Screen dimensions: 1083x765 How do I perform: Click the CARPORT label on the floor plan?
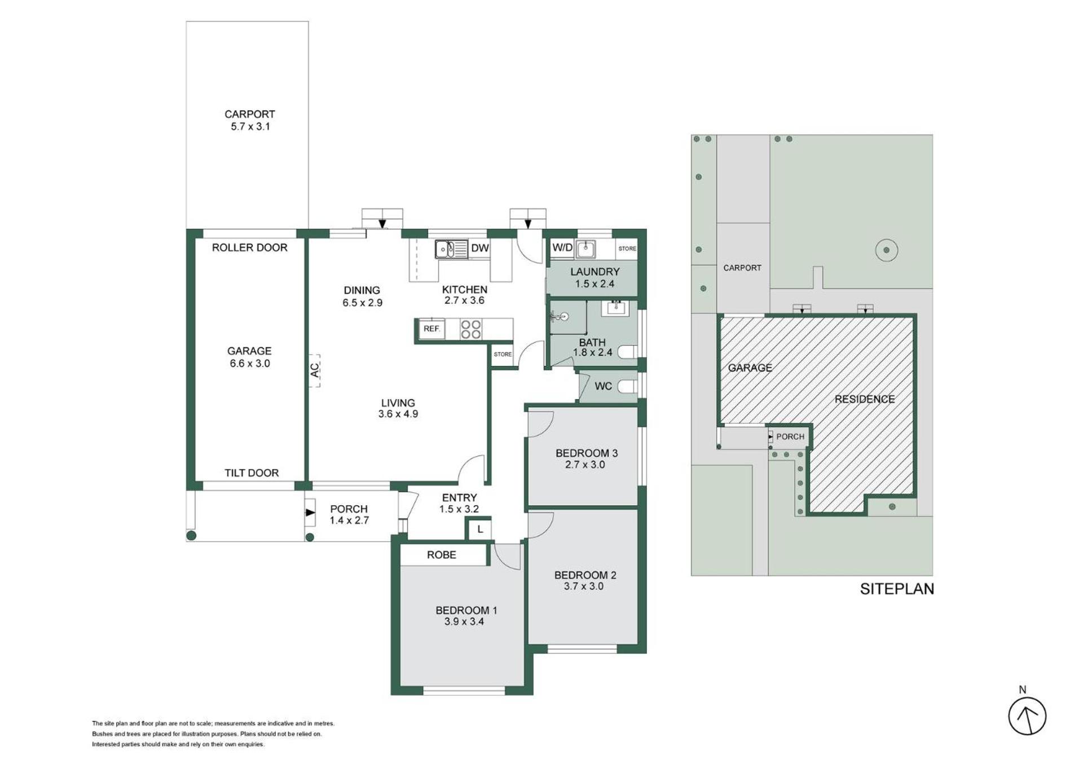250,114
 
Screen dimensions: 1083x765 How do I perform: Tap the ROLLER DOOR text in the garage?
249,247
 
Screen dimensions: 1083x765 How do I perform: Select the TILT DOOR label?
252,473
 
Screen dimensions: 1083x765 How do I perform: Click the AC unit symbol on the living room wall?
315,370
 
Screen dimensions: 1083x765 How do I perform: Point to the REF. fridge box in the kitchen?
432,329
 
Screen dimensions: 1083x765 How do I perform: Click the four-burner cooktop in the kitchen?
471,329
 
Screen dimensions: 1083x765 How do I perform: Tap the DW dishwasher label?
480,248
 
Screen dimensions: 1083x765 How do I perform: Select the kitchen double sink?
451,249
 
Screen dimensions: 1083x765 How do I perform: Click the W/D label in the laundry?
562,247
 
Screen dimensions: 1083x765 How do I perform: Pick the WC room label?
603,386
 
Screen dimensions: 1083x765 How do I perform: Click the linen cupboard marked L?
479,529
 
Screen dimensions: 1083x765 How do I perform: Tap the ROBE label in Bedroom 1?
442,555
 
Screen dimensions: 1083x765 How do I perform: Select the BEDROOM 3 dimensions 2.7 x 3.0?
585,465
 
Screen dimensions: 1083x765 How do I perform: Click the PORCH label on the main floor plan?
349,509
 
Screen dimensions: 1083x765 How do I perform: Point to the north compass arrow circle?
1027,717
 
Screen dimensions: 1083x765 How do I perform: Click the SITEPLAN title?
897,589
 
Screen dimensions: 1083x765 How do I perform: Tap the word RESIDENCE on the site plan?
865,399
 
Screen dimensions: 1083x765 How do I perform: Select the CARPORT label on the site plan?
742,268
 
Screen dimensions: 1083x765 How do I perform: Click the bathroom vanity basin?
615,308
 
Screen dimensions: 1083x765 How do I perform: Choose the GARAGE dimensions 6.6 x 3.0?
250,364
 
